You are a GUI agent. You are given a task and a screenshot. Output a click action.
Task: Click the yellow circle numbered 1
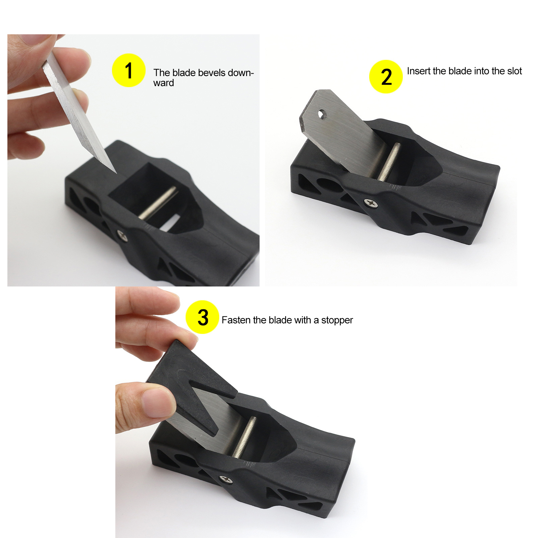(129, 70)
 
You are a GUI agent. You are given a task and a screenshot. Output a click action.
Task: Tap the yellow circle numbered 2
(386, 77)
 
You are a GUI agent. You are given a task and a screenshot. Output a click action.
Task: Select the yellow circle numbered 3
(202, 317)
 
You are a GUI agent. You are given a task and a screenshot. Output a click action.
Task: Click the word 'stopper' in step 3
(337, 320)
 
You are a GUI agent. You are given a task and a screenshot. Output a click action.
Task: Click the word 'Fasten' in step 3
(236, 320)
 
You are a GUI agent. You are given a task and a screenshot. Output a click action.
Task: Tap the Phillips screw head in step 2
(371, 203)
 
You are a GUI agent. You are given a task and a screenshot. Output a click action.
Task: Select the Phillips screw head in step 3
(226, 479)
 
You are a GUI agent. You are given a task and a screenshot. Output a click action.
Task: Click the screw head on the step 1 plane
(122, 235)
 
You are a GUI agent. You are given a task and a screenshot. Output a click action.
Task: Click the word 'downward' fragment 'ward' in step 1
(164, 83)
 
